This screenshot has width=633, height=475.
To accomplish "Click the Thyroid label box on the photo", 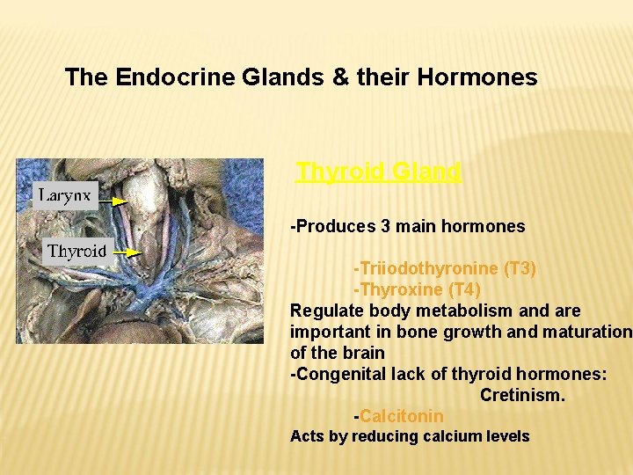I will (x=77, y=251).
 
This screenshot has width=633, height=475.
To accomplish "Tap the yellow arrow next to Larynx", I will (x=113, y=201).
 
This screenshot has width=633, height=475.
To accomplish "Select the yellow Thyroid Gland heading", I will (x=378, y=172).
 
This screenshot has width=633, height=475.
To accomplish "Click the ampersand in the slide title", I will (x=340, y=77).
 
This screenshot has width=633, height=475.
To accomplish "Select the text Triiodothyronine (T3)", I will (x=445, y=268).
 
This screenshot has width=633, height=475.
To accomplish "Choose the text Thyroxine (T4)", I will (x=417, y=289).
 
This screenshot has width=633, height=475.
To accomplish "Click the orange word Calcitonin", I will (x=402, y=416).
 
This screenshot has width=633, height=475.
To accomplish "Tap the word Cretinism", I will (x=522, y=395).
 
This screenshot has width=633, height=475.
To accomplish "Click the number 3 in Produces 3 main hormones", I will (x=385, y=226).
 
